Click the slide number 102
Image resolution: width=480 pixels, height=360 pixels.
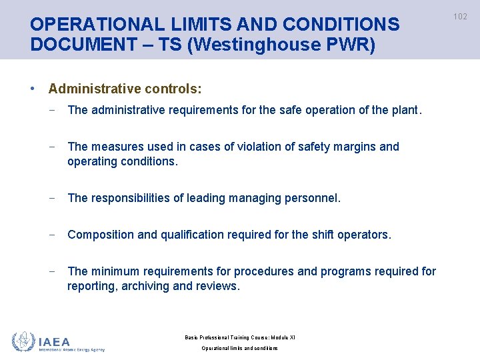(461, 17)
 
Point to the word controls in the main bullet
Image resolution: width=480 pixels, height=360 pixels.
(175, 89)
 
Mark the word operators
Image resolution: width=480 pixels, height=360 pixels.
(363, 235)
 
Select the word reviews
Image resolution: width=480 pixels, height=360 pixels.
(219, 286)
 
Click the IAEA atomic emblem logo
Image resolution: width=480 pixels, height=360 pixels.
(24, 341)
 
